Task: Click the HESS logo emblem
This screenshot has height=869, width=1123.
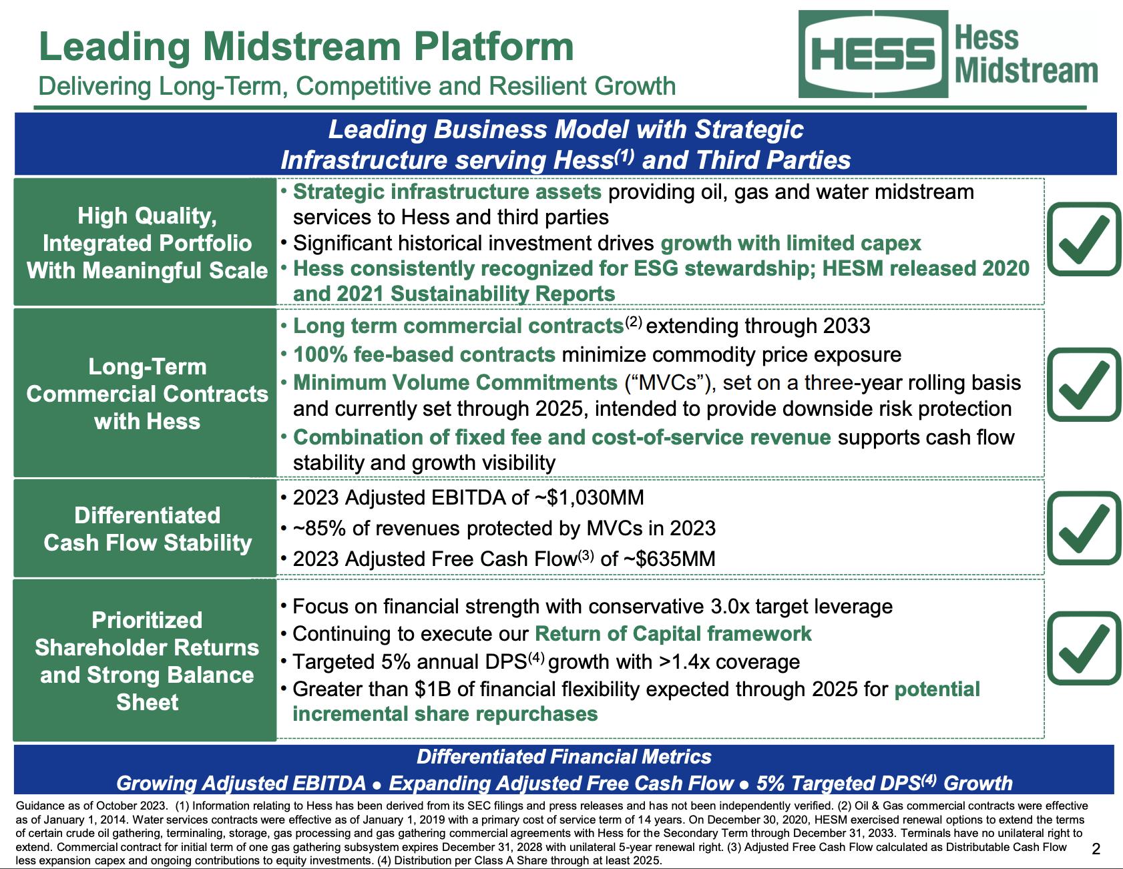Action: point(873,54)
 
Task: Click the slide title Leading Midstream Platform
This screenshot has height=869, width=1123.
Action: point(306,47)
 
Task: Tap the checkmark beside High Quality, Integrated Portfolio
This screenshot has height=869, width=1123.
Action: point(1083,239)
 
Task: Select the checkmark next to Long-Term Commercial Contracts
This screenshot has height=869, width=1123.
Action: point(1083,384)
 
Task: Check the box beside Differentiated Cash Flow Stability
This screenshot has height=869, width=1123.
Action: point(1083,528)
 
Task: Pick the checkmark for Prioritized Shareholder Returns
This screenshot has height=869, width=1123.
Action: point(1083,648)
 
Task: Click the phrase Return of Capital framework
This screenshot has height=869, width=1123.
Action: point(673,633)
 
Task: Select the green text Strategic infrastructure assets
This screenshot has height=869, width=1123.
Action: point(447,192)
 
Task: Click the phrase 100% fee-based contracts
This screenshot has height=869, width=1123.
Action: point(424,354)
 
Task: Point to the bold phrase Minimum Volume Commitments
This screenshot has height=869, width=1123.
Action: point(455,382)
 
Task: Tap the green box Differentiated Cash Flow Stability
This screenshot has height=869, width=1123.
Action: point(147,529)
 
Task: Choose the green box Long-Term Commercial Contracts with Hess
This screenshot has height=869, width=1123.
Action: point(147,394)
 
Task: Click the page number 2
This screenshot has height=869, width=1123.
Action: point(1096,848)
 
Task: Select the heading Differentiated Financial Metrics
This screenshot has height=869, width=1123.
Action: point(564,757)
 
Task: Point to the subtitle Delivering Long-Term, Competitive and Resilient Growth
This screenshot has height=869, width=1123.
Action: point(357,87)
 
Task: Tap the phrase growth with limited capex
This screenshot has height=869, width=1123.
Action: point(791,243)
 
